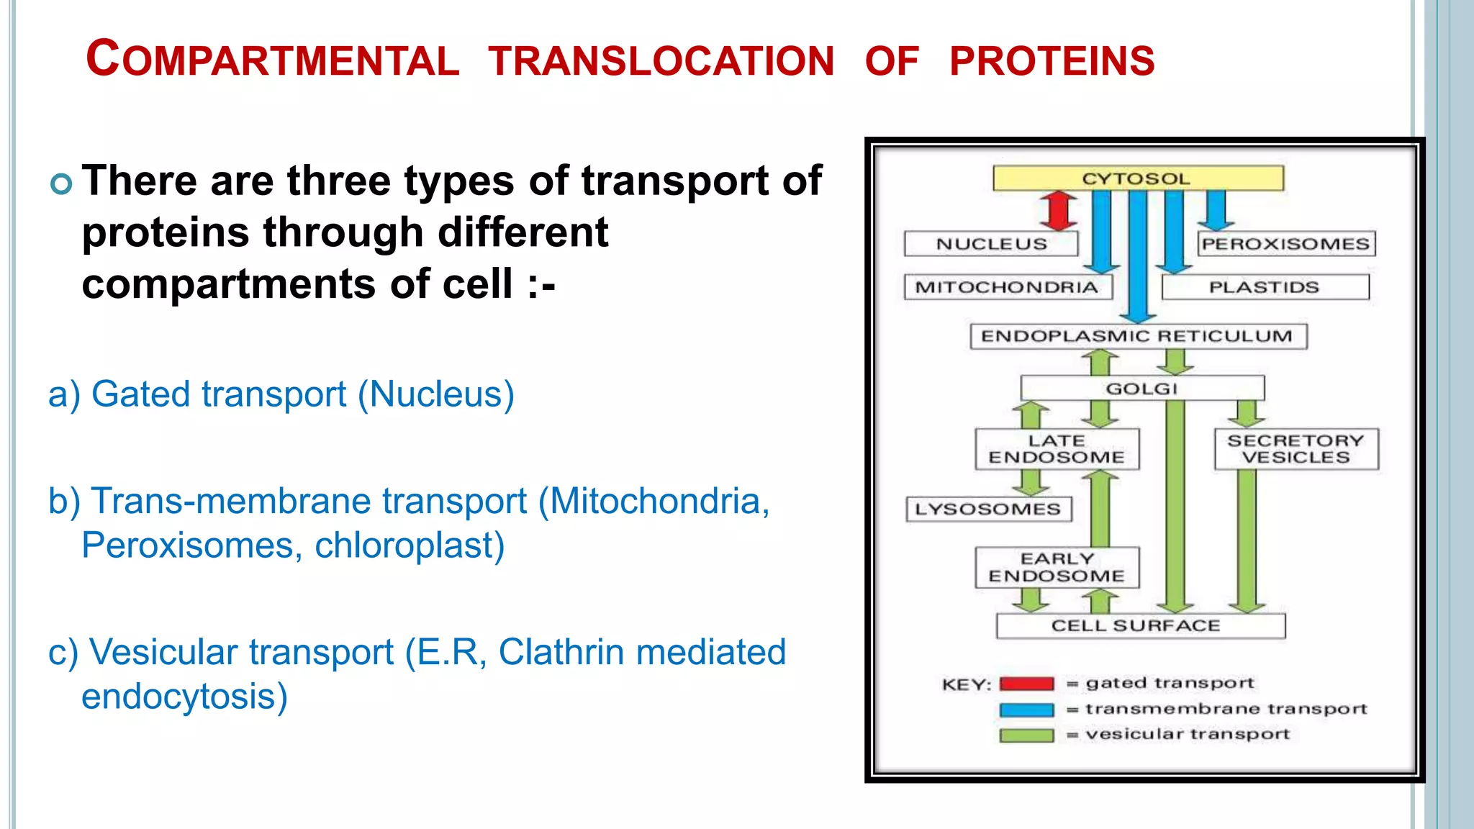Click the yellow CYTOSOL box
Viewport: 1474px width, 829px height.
coord(1138,178)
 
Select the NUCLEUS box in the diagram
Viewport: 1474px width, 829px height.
coord(991,244)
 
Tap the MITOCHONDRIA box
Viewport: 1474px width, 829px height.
coord(1008,287)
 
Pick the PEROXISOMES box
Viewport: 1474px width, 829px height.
coord(1286,244)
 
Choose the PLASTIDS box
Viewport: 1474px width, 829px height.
coord(1265,287)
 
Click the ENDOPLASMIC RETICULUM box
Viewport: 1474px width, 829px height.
coord(1139,336)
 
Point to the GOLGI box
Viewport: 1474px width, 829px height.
coord(1142,389)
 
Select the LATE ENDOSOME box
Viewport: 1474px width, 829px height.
coord(1057,449)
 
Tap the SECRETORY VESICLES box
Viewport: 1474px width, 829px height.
coord(1296,449)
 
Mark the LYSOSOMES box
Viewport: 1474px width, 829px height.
coord(989,509)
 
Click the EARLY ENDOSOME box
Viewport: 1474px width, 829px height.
coord(1057,567)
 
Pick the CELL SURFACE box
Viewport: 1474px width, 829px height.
coord(1141,626)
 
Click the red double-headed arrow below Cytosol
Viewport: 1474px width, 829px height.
coord(1059,210)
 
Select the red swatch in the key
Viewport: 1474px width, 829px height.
coord(1027,684)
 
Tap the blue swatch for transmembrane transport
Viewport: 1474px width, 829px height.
coord(1027,710)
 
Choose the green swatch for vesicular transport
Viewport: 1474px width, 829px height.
coord(1027,735)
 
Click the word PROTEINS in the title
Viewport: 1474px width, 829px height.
coord(1052,61)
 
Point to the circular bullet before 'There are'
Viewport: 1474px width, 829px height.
coord(62,184)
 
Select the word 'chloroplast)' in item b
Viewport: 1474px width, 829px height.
coord(410,545)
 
